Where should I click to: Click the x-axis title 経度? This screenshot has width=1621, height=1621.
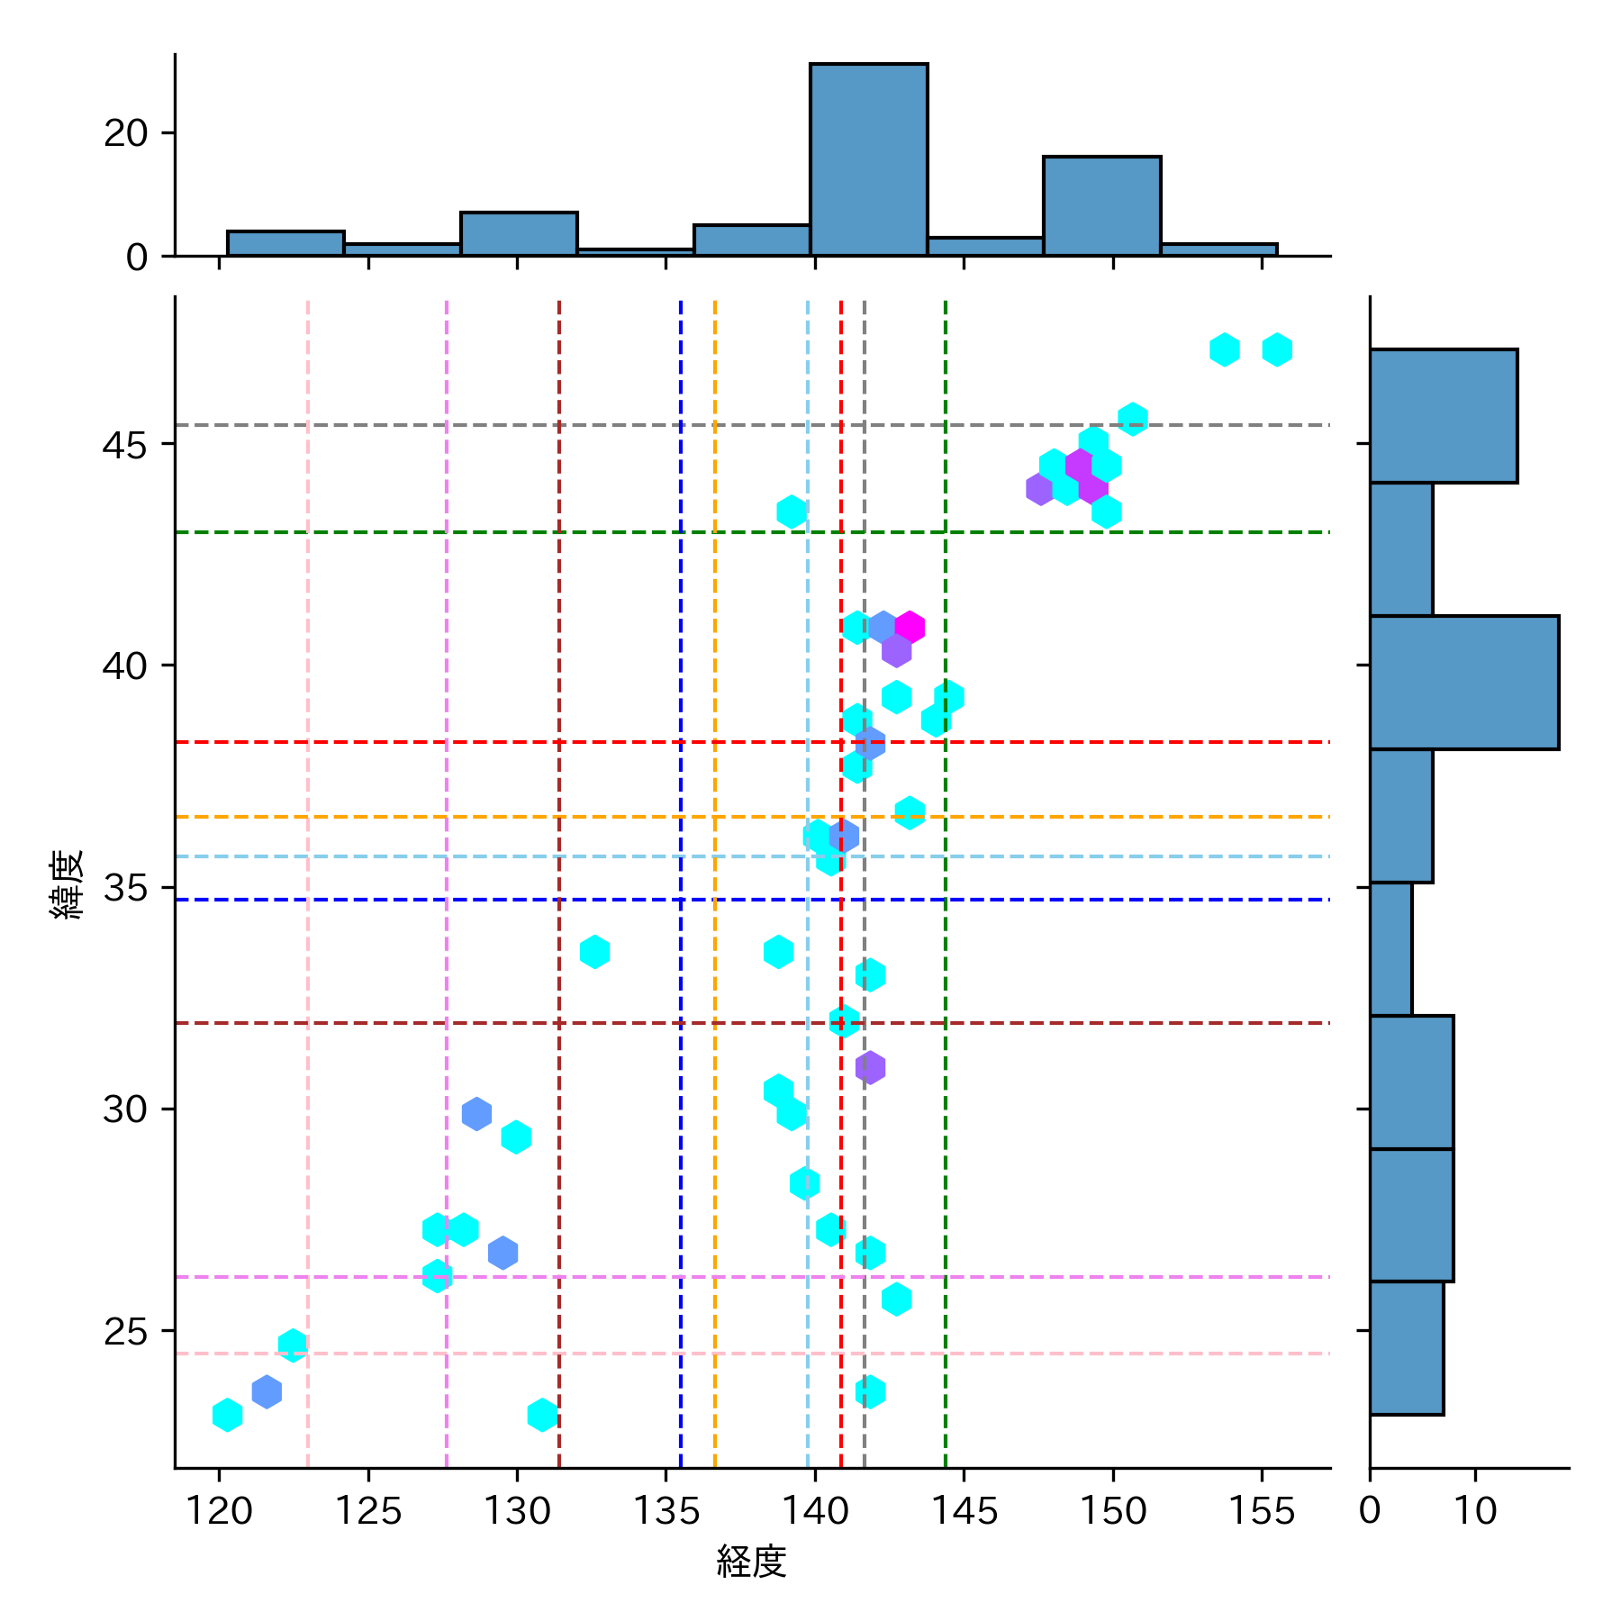click(x=751, y=1562)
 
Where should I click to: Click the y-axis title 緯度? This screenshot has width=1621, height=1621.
click(x=68, y=884)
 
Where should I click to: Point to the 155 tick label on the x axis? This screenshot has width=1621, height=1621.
click(x=1261, y=1511)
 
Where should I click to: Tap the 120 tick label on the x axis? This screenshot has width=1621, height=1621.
click(x=219, y=1511)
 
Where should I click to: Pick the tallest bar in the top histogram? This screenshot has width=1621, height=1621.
click(x=868, y=159)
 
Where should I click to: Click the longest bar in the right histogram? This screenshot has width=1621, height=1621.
click(x=1463, y=683)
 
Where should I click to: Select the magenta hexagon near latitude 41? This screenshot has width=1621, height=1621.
click(x=910, y=627)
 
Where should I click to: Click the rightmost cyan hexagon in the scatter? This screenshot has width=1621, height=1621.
click(x=1277, y=349)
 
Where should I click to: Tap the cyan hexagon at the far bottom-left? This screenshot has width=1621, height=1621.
click(x=227, y=1415)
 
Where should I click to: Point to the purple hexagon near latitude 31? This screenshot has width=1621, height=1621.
click(x=870, y=1068)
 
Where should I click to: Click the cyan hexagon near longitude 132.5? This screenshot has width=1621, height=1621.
click(x=594, y=952)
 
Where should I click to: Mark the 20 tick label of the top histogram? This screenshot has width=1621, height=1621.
click(x=125, y=134)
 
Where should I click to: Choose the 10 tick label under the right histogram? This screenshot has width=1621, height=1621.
click(x=1475, y=1511)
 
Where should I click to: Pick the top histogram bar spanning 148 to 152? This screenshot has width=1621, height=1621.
click(x=1101, y=206)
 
